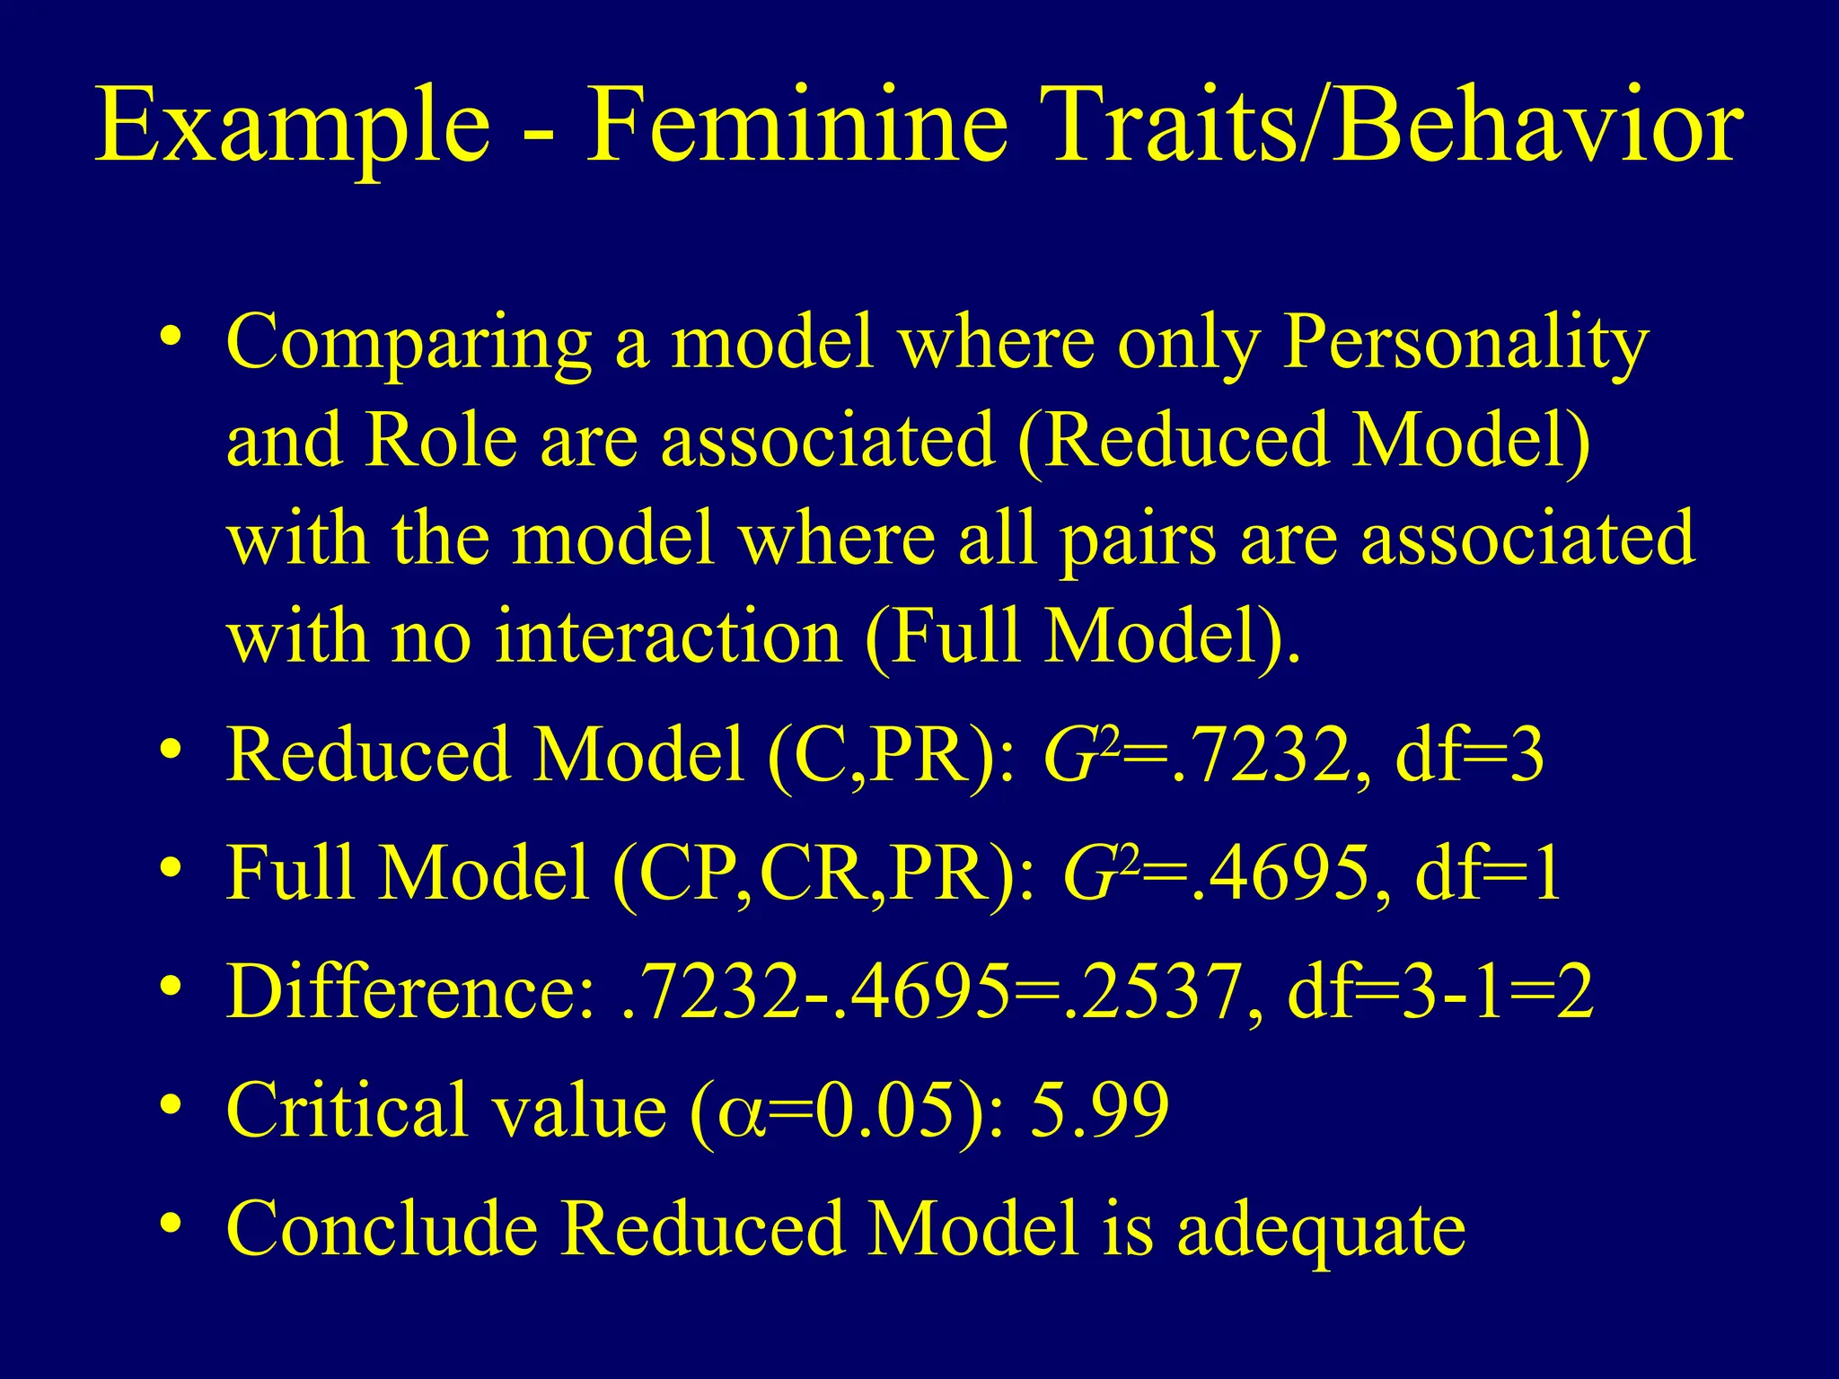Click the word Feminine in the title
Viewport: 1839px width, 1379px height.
coord(796,126)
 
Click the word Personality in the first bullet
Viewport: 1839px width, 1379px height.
coord(1465,343)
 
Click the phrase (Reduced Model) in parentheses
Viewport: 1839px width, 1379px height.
coord(1304,442)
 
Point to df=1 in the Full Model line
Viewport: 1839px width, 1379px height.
coord(1488,874)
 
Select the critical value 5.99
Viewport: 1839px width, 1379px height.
coord(1100,1111)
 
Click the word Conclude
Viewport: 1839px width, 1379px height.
coord(382,1229)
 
